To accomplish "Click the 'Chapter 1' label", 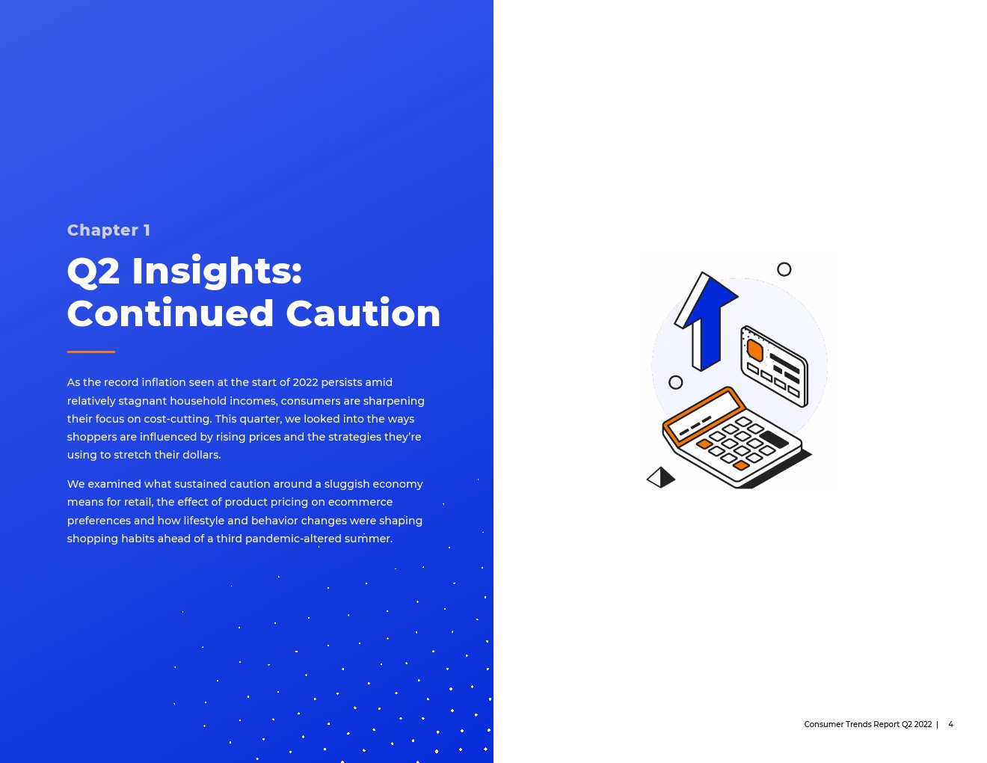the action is [x=108, y=230].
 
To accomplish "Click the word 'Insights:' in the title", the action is [x=217, y=272].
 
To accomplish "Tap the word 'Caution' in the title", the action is [x=363, y=313].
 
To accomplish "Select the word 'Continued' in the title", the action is [x=170, y=313].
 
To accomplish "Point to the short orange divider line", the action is [x=90, y=352].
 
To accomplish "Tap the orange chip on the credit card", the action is [x=755, y=350].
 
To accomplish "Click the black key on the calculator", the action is [x=774, y=439].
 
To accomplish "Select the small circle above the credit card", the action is [x=784, y=269].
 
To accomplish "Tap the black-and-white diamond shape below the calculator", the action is [x=661, y=477].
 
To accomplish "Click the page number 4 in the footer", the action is [x=950, y=724].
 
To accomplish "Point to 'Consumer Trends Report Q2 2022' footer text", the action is [x=867, y=724].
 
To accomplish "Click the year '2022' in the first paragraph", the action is [x=305, y=382].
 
